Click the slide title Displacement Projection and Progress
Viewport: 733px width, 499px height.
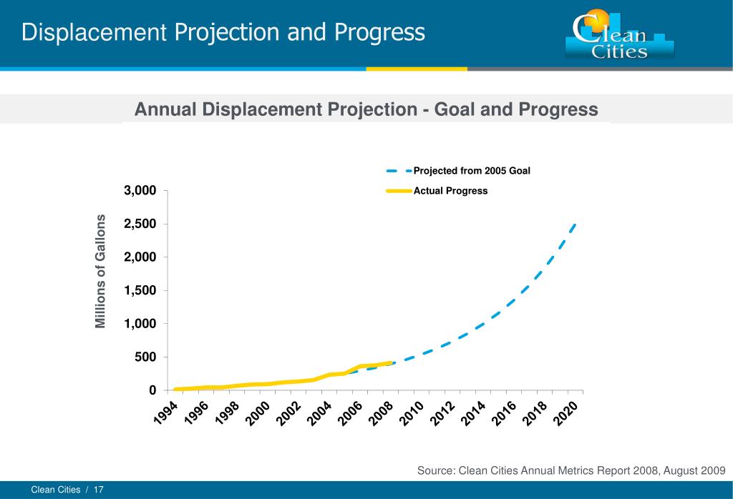(223, 32)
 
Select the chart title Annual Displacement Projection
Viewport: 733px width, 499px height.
(366, 109)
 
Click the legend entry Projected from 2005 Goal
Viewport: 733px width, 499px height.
(471, 171)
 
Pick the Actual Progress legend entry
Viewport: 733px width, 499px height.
(450, 191)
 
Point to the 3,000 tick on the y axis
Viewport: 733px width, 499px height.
(140, 191)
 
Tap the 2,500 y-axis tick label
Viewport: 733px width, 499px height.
(140, 224)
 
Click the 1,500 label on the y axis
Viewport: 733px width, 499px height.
(140, 290)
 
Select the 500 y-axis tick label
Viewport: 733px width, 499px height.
(145, 357)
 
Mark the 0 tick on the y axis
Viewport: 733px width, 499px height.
(152, 390)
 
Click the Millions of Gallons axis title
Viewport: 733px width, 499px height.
(101, 272)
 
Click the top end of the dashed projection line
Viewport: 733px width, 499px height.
(575, 224)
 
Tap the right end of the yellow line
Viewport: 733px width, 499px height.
(390, 363)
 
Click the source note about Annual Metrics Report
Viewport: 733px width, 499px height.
(571, 470)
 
